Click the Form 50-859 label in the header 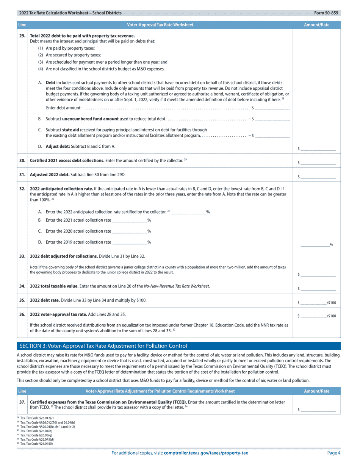[x=326, y=13]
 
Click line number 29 [x=22, y=36]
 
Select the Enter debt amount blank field [x=272, y=108]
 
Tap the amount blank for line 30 [x=319, y=163]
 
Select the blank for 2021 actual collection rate [x=130, y=220]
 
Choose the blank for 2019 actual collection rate [x=130, y=242]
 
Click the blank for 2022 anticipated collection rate [x=188, y=212]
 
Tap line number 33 [x=22, y=256]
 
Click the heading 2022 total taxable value [x=54, y=286]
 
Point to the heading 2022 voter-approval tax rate [x=58, y=314]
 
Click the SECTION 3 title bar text [x=103, y=346]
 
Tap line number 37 [x=22, y=402]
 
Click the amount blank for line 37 [x=319, y=410]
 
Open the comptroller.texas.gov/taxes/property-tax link [x=206, y=453]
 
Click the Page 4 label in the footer [x=334, y=453]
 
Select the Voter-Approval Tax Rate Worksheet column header [x=160, y=25]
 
